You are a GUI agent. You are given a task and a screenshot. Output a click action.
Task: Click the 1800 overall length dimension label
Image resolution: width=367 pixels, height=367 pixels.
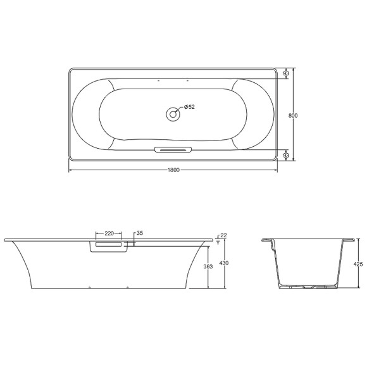pos(174,170)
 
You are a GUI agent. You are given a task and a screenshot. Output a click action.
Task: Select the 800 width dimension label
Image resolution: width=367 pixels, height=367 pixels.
pos(293,115)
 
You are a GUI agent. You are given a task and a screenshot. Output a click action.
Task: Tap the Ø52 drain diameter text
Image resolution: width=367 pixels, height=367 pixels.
pos(189,107)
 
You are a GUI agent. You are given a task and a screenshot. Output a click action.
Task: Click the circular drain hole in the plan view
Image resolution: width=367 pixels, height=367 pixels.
pos(172,115)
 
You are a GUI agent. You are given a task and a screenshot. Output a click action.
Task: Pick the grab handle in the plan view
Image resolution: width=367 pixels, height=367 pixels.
pos(172,151)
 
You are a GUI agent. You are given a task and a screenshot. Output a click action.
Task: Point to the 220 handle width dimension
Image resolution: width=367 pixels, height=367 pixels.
pos(109,233)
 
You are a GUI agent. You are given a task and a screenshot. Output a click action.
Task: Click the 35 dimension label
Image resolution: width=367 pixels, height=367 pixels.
pos(140,233)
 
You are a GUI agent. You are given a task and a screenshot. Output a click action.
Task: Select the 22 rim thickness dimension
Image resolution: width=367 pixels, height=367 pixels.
pos(223,235)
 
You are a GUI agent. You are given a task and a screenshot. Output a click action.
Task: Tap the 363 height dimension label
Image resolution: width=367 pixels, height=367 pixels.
pos(208,266)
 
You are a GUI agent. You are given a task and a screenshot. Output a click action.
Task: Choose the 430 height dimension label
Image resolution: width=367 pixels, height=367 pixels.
pos(223,263)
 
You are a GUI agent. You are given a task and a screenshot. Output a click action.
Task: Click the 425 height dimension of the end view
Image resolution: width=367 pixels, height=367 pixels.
pos(358,265)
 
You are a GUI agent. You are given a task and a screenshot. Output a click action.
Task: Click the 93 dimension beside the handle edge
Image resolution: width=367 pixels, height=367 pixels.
pos(286,155)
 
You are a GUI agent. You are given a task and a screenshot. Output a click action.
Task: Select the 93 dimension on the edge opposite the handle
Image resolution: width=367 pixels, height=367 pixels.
pos(286,74)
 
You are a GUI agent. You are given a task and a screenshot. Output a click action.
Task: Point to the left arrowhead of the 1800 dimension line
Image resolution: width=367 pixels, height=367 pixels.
pos(70,170)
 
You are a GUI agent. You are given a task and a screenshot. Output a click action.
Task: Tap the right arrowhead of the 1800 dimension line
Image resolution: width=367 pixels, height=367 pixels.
pos(276,170)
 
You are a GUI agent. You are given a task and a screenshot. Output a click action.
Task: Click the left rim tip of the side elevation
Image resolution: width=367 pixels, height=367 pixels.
pos(5,240)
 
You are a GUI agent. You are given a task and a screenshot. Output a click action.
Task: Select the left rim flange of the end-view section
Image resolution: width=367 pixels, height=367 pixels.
pos(266,240)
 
